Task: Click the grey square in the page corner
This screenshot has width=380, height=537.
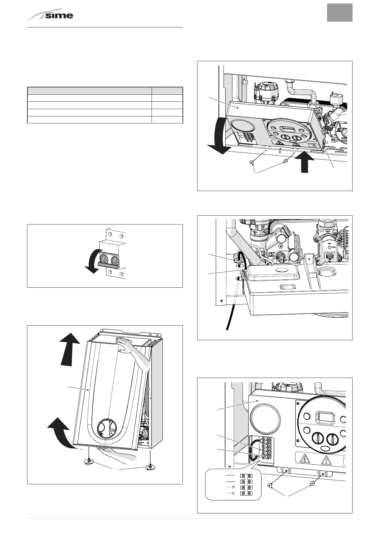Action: pyautogui.click(x=340, y=13)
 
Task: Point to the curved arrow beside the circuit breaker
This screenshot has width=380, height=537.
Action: pyautogui.click(x=93, y=261)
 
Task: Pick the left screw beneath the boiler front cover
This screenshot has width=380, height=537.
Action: pyautogui.click(x=88, y=462)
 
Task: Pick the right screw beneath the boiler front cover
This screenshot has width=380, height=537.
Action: pyautogui.click(x=149, y=467)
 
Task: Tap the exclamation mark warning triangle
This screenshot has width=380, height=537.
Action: pyautogui.click(x=326, y=460)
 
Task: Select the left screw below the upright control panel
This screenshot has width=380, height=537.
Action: pyautogui.click(x=270, y=485)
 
